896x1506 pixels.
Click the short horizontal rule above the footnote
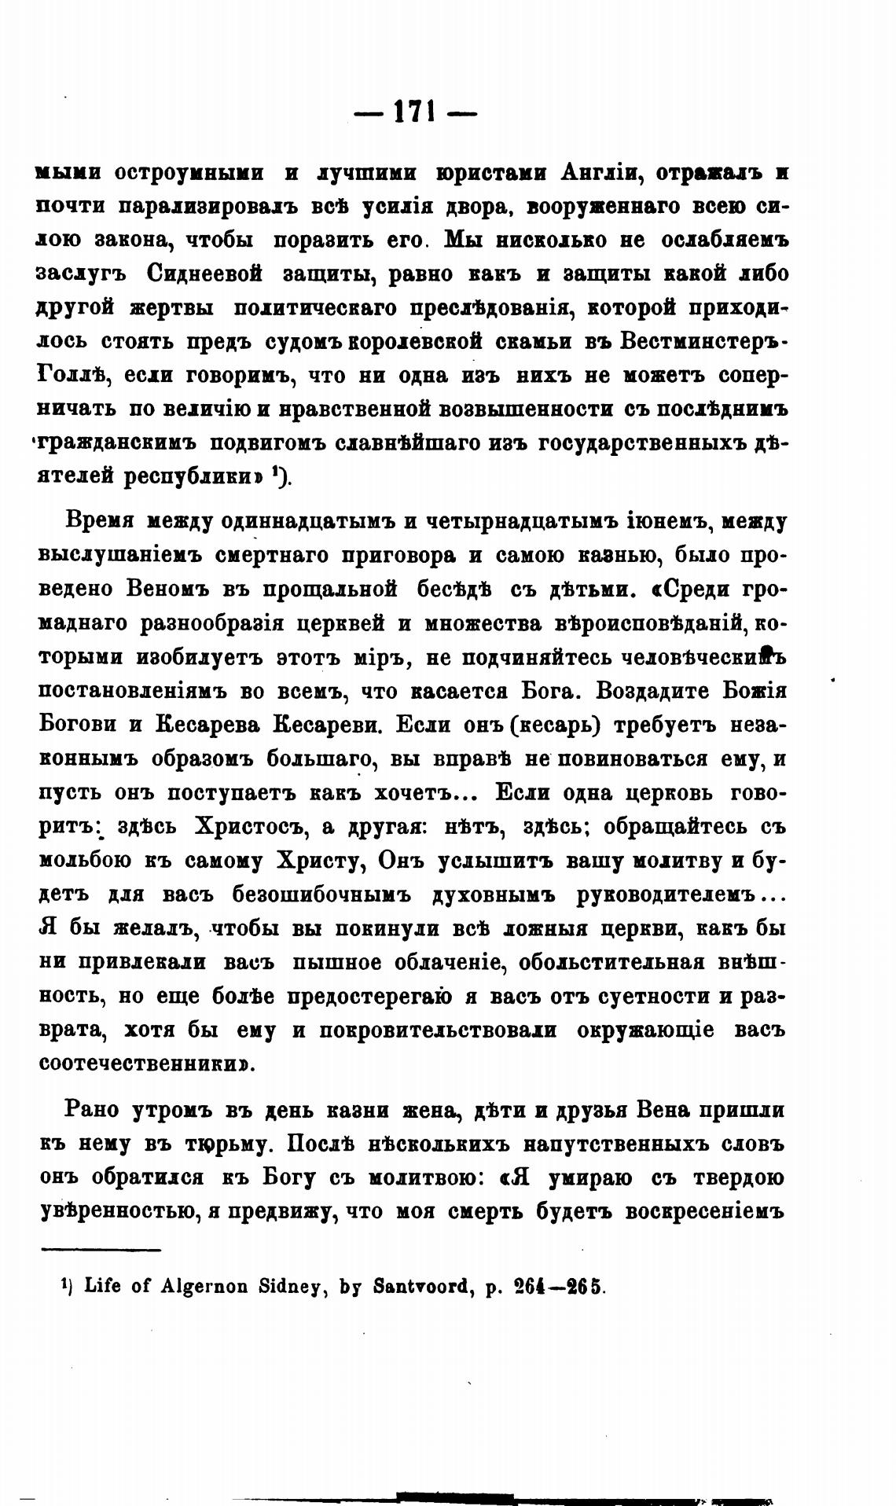pyautogui.click(x=100, y=1249)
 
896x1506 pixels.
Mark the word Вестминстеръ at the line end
pyautogui.click(x=704, y=342)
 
